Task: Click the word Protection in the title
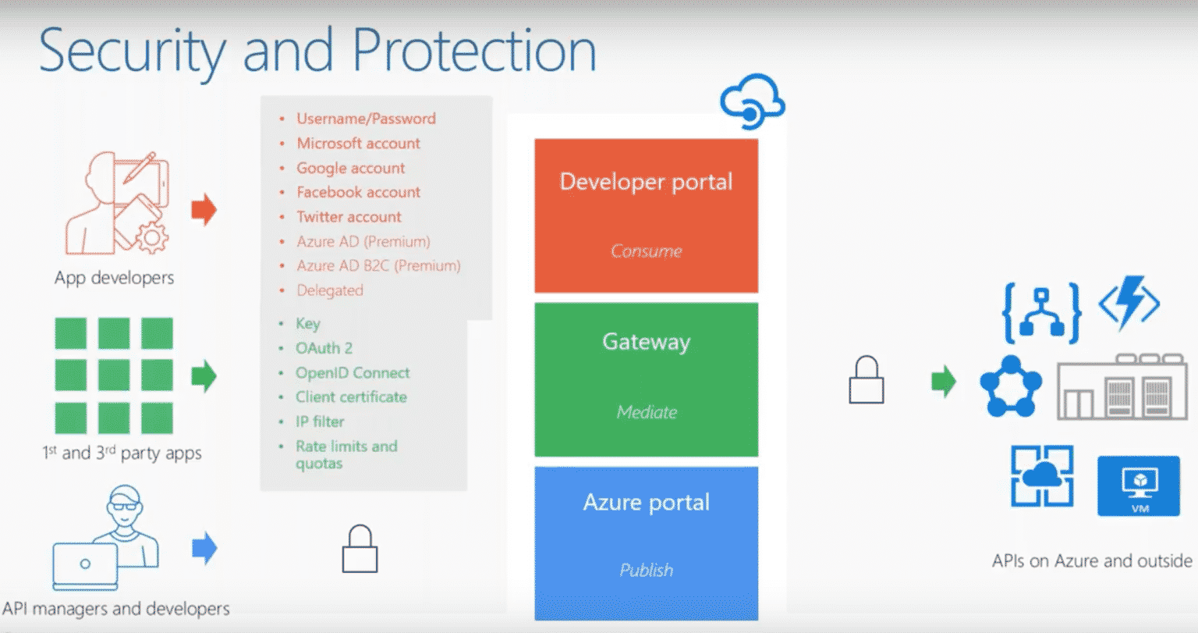click(x=474, y=51)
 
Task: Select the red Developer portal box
click(x=646, y=215)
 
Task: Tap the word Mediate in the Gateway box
click(x=647, y=412)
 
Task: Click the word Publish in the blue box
click(x=646, y=570)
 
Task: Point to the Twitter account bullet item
click(x=349, y=217)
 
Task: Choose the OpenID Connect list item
click(x=352, y=373)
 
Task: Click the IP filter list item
click(x=320, y=421)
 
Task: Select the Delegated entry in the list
click(x=330, y=290)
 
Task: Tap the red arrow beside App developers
click(x=204, y=210)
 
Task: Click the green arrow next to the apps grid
click(x=204, y=376)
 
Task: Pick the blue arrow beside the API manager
click(x=204, y=548)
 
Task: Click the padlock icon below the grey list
click(x=360, y=549)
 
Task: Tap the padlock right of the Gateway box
click(x=866, y=381)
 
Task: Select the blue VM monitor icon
click(x=1138, y=486)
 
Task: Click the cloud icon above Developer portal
click(x=752, y=102)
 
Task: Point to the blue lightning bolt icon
click(x=1129, y=303)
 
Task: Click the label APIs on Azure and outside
click(x=1091, y=561)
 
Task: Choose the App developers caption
click(x=114, y=278)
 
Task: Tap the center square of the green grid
click(x=114, y=375)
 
